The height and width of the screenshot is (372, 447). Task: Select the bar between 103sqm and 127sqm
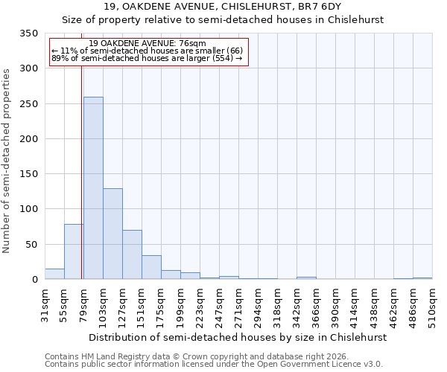tap(112, 234)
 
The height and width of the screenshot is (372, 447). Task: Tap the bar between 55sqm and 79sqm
tap(74, 251)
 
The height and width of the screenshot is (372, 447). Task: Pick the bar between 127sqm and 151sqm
tap(132, 254)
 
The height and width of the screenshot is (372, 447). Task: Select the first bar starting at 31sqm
tap(54, 274)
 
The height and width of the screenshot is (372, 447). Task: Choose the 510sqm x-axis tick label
tap(432, 306)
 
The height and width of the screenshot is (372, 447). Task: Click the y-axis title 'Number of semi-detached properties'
tap(7, 161)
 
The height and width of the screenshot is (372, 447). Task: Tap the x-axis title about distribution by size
tap(238, 337)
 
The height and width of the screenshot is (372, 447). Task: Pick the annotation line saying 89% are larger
tap(148, 58)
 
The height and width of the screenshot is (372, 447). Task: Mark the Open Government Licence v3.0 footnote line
tap(214, 364)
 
